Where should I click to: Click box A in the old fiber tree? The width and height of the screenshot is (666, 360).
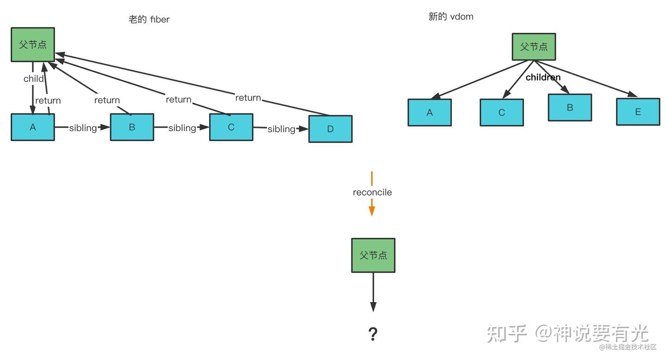pos(33,127)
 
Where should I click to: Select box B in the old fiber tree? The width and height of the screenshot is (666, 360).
pos(132,127)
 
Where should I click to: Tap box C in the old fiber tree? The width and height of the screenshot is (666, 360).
pos(231,127)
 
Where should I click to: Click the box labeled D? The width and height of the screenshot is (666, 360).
pos(330,129)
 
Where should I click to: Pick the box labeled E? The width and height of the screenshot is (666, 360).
pos(638,112)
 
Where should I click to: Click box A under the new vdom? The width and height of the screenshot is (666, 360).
pos(430,112)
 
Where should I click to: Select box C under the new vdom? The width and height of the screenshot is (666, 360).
pos(501,112)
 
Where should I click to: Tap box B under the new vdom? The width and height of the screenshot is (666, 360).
pos(570,107)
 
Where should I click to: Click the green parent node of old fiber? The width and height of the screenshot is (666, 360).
pos(33,44)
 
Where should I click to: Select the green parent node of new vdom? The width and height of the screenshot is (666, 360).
pos(534,47)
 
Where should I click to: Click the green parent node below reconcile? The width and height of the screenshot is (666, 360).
pos(373,255)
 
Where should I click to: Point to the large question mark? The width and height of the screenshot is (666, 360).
pos(373,334)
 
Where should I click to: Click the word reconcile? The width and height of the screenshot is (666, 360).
pos(372,192)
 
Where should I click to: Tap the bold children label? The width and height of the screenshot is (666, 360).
pos(543,77)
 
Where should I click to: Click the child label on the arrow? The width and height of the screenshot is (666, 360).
pos(34,79)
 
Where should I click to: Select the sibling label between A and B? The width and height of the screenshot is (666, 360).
pos(83,128)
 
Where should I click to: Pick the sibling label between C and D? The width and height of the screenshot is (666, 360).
pos(281,129)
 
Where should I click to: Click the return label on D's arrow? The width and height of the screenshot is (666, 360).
pos(248,98)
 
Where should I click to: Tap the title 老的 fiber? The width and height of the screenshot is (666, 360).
pos(149,19)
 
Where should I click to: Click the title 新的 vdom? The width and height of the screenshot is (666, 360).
pos(451,17)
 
